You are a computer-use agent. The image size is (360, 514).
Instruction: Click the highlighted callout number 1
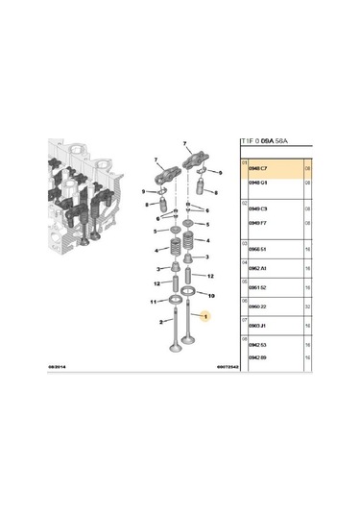[x=204, y=317]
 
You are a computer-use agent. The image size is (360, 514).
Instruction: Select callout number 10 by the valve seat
[x=210, y=295]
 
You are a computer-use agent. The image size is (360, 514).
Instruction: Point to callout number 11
[x=153, y=302]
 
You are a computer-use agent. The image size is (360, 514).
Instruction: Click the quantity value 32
[x=308, y=307]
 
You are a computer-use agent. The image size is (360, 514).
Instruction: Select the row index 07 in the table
[x=244, y=321]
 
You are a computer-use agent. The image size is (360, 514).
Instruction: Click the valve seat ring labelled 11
[x=177, y=305]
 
